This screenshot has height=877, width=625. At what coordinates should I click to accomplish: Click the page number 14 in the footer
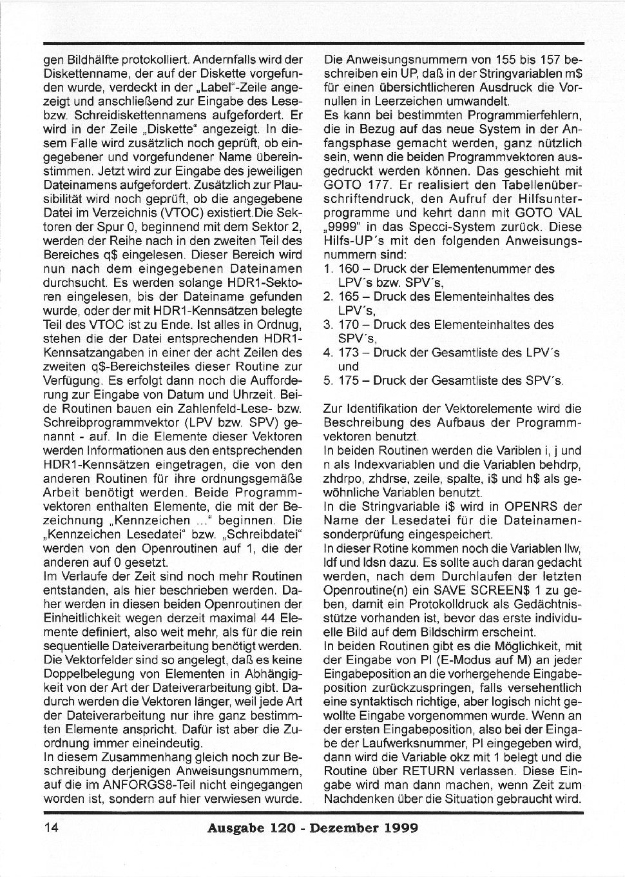(x=52, y=828)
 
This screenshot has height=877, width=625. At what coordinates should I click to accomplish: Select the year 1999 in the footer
(x=394, y=828)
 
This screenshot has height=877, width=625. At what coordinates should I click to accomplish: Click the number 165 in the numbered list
(x=351, y=297)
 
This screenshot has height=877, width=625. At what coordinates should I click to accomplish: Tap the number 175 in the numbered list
(x=351, y=380)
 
